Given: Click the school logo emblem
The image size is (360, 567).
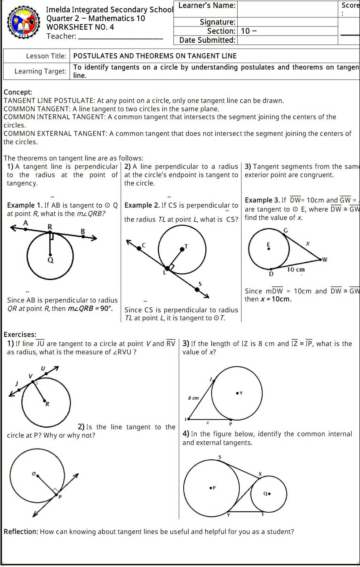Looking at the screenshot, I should pyautogui.click(x=24, y=22).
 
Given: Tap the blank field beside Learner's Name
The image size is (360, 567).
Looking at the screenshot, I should pyautogui.click(x=288, y=9).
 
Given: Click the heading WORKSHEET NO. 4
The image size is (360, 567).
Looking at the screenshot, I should pyautogui.click(x=80, y=27).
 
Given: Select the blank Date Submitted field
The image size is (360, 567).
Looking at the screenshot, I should pyautogui.click(x=288, y=40).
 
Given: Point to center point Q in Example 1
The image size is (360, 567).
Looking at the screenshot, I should pyautogui.click(x=50, y=255).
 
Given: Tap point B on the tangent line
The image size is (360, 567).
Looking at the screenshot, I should pyautogui.click(x=83, y=236).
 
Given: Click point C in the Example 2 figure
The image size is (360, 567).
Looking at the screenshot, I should pyautogui.click(x=139, y=248).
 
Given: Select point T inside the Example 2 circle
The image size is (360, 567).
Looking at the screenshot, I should pyautogui.click(x=182, y=249).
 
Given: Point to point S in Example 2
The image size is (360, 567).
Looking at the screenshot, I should pyautogui.click(x=197, y=289).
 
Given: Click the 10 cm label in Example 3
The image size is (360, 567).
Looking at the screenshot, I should pyautogui.click(x=296, y=270).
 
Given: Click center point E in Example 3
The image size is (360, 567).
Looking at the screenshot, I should pyautogui.click(x=268, y=249).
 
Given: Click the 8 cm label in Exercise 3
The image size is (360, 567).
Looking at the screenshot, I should pyautogui.click(x=193, y=398).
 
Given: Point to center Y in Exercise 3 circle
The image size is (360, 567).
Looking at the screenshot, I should pyautogui.click(x=237, y=393).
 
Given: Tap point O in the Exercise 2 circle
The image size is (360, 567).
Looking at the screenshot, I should pyautogui.click(x=38, y=475).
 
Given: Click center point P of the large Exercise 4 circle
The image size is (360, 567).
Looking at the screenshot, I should pyautogui.click(x=211, y=488).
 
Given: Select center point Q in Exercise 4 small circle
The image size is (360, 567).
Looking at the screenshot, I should pyautogui.click(x=269, y=493).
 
